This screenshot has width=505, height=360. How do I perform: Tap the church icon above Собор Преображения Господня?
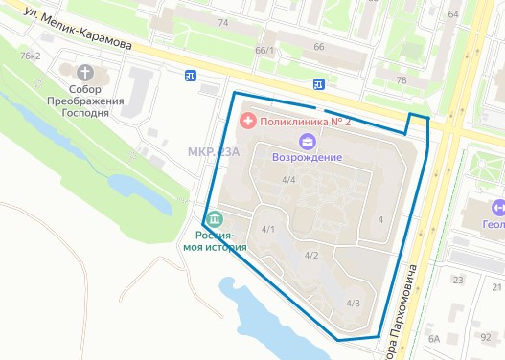tap(86, 73)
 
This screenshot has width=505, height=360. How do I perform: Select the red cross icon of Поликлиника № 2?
tap(247, 121)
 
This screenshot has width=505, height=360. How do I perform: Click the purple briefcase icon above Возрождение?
tap(308, 142)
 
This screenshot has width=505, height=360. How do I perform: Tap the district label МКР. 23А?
tap(213, 152)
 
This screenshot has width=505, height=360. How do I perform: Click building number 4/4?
tap(288, 180)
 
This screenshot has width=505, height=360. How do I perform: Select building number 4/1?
tap(268, 229)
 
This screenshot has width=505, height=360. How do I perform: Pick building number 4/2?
tap(311, 255)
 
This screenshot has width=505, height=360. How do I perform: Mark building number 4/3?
tap(353, 304)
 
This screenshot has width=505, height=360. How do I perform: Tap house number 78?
tap(402, 80)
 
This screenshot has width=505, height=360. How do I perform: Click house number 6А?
tap(433, 338)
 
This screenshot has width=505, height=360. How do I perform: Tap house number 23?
tap(458, 280)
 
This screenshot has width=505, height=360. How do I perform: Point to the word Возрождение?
tap(308, 158)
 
